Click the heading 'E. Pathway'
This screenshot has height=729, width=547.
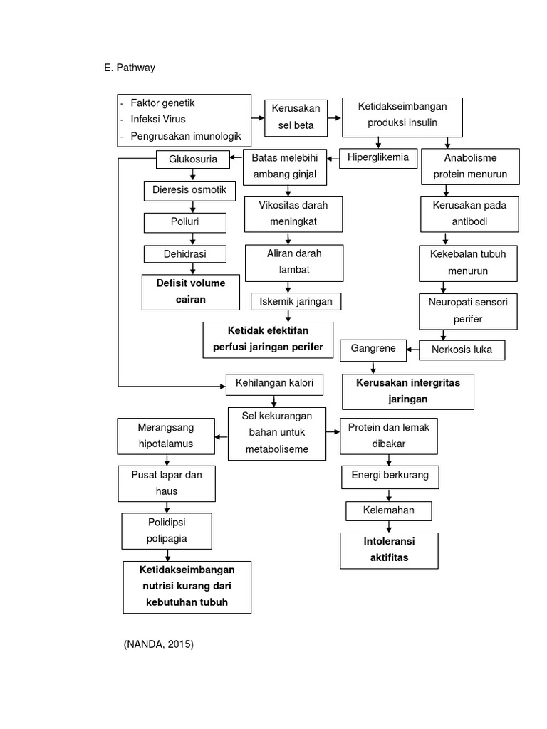(130, 68)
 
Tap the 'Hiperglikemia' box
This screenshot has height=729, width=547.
(377, 157)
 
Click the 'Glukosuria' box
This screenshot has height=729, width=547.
(192, 159)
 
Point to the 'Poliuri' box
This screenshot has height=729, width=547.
(184, 222)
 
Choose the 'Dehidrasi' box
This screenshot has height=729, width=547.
(184, 253)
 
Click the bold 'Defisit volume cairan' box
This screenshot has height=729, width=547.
(191, 292)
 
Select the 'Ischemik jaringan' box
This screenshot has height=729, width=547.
(296, 301)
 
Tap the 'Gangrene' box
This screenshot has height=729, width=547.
(373, 349)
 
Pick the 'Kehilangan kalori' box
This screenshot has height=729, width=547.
(274, 384)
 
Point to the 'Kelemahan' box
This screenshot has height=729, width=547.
(389, 510)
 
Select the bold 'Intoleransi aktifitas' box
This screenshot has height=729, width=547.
(389, 550)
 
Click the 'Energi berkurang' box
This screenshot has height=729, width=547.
(390, 475)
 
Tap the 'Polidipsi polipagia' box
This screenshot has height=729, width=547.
(167, 531)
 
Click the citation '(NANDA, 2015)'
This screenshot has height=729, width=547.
(158, 644)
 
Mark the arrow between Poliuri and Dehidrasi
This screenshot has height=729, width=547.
(191, 238)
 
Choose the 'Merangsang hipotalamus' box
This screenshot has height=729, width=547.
(165, 436)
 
